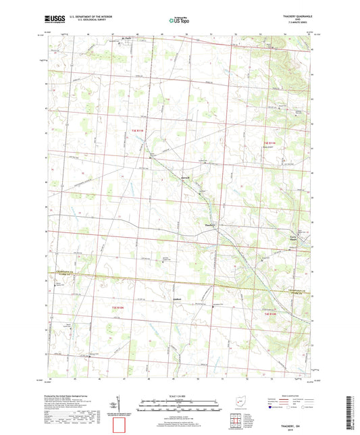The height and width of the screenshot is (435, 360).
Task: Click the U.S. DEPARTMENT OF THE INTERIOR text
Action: point(84,18)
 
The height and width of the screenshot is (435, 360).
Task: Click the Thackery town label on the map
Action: point(209,225)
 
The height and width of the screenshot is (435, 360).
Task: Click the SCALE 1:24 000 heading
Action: point(179,396)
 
